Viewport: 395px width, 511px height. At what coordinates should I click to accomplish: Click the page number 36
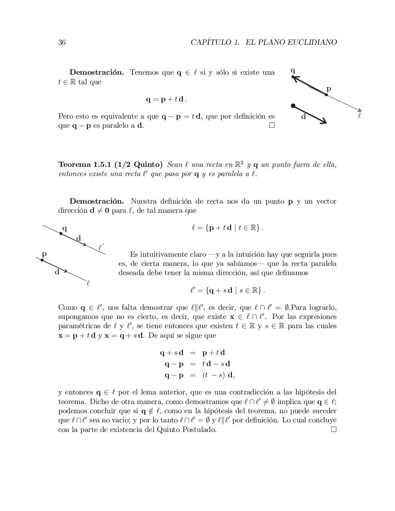click(x=62, y=42)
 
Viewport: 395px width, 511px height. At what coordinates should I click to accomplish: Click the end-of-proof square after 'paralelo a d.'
click(x=272, y=125)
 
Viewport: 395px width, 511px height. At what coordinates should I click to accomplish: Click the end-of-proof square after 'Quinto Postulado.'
click(x=334, y=430)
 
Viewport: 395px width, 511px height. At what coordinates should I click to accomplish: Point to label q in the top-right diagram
click(x=293, y=71)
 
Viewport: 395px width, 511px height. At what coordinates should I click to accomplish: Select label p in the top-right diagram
click(x=328, y=89)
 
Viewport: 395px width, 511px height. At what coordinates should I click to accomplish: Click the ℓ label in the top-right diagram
click(x=359, y=116)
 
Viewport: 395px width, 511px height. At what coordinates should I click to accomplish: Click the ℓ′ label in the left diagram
click(x=101, y=248)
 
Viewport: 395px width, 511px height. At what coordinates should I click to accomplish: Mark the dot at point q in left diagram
click(x=61, y=234)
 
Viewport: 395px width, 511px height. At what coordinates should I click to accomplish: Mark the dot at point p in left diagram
click(x=42, y=260)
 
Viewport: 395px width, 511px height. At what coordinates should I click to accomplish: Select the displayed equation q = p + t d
click(x=166, y=99)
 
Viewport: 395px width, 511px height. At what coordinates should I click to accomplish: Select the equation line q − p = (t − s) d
click(x=197, y=375)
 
